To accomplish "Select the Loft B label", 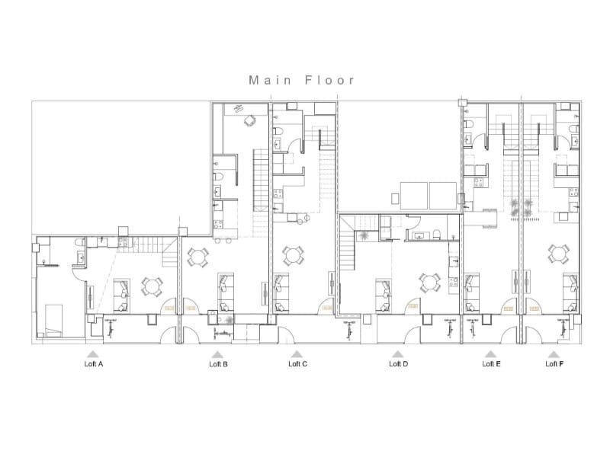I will tap(218, 364).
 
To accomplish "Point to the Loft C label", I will tap(297, 364).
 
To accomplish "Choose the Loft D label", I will tap(398, 364).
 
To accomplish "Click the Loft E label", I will tap(492, 364).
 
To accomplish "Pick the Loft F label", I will tap(554, 364).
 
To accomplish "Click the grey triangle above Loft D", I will tap(397, 354).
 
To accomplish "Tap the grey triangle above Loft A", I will tap(91, 354).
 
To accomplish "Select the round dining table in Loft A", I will tap(152, 286).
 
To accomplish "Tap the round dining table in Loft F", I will tap(560, 252).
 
